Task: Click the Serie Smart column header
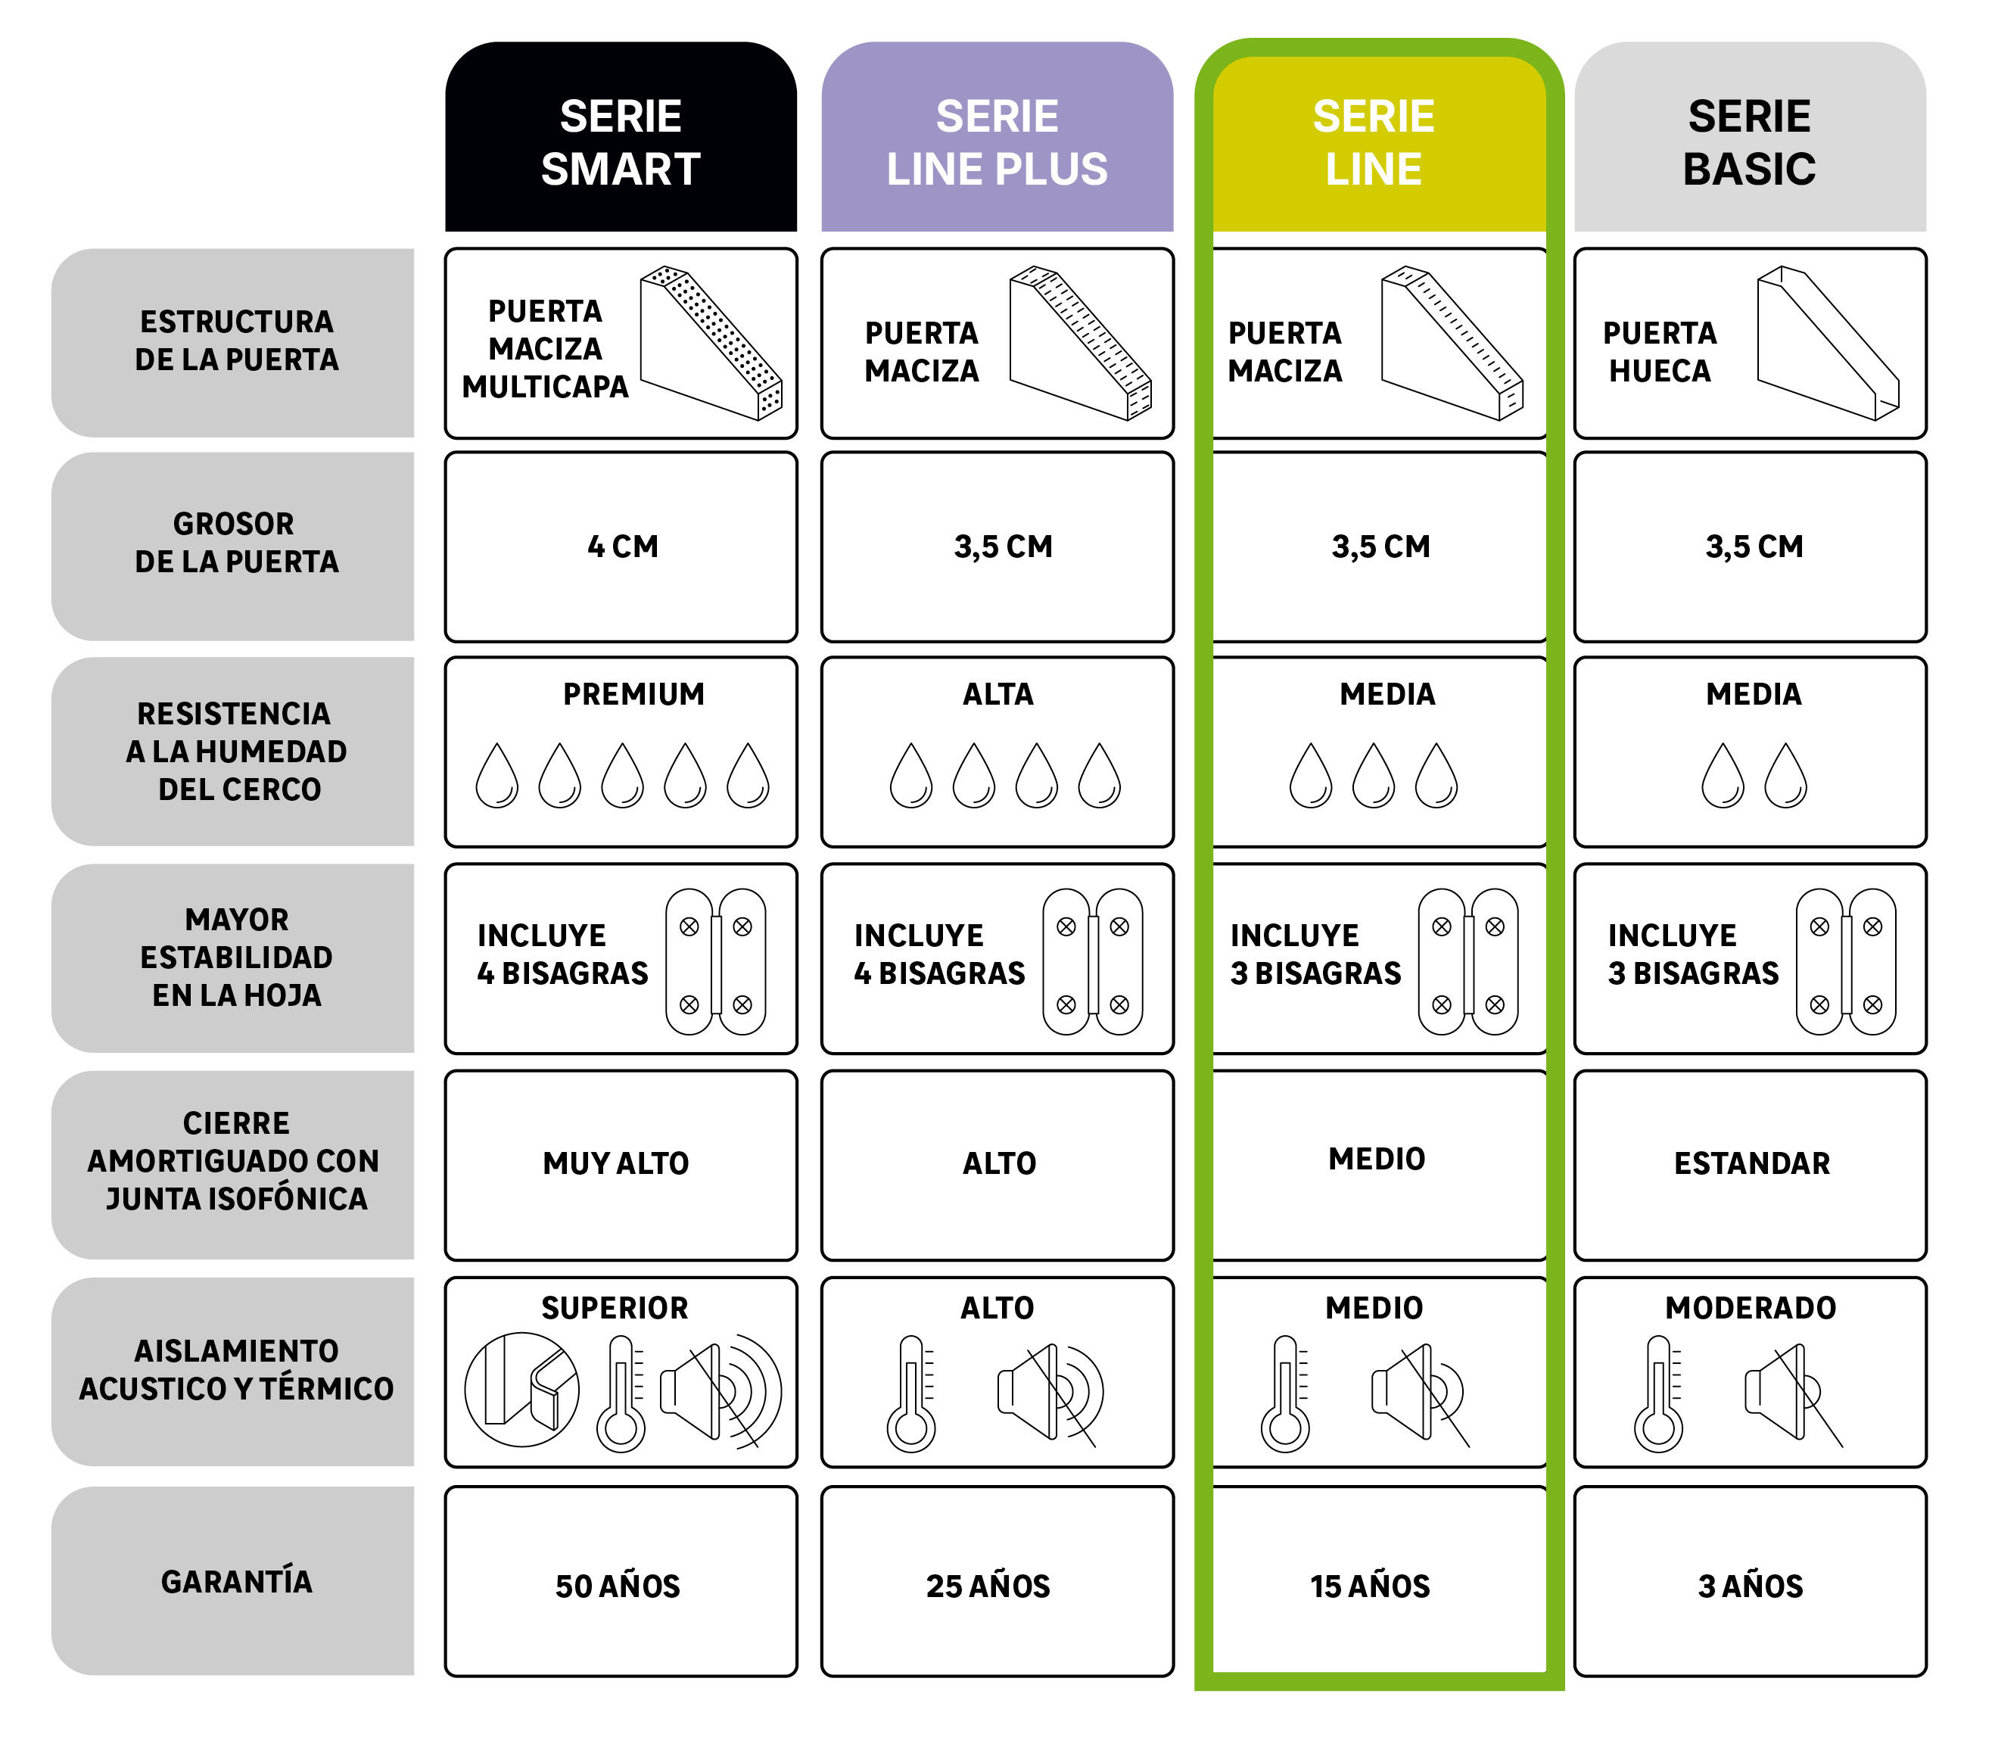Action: click(621, 137)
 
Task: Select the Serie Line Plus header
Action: click(997, 137)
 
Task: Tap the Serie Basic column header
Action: click(1749, 137)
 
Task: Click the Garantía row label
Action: click(236, 1581)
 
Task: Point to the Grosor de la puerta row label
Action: click(236, 543)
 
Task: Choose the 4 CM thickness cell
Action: click(621, 546)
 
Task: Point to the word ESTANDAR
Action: click(1752, 1163)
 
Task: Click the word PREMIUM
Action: click(633, 694)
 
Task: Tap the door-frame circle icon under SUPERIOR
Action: click(521, 1390)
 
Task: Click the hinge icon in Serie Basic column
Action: click(1846, 961)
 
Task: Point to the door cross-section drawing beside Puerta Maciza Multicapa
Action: click(711, 343)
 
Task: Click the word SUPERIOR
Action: click(615, 1308)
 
